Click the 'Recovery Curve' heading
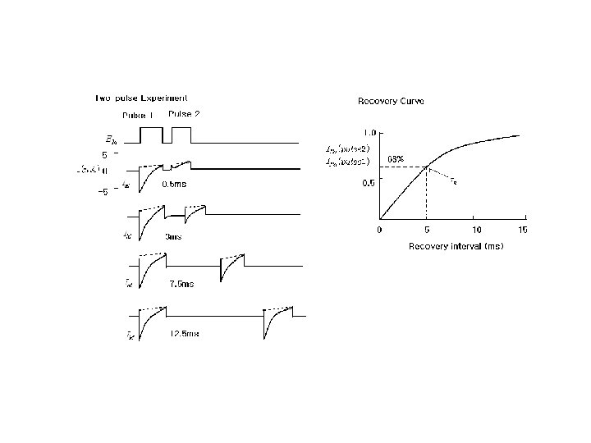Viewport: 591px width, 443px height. [391, 101]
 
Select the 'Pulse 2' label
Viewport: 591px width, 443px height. [184, 113]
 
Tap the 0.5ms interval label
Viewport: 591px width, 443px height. [173, 185]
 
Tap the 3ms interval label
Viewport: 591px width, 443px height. [173, 236]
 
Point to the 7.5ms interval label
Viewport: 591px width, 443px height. [181, 284]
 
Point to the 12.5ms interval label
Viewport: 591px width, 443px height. [184, 334]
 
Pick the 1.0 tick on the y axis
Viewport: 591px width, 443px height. [369, 132]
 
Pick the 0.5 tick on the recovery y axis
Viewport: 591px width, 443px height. [369, 184]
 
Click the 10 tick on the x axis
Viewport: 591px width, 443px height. [476, 229]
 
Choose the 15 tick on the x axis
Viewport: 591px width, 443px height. [523, 229]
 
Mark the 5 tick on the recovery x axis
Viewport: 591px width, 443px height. [426, 229]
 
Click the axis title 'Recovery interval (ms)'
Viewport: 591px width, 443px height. [456, 245]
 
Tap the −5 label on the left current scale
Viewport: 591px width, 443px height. [103, 193]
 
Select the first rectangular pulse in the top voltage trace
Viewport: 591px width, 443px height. [153, 135]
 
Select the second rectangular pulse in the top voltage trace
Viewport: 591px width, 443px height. [181, 135]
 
